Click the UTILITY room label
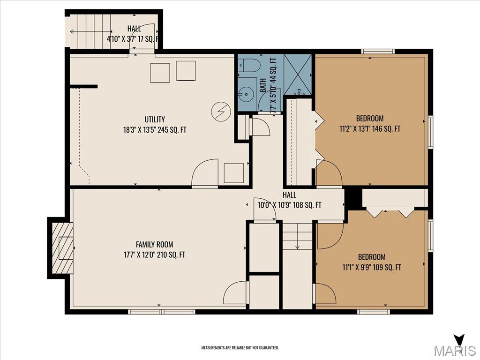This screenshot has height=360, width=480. pyautogui.click(x=154, y=120)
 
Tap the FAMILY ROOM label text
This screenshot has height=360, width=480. pyautogui.click(x=154, y=244)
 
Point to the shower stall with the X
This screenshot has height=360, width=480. pyautogui.click(x=298, y=75)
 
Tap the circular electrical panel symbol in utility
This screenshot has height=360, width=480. pyautogui.click(x=221, y=111)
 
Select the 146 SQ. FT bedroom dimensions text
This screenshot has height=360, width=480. pyautogui.click(x=369, y=128)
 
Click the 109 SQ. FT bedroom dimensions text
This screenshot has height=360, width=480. pyautogui.click(x=372, y=268)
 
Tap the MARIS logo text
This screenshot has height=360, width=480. pyautogui.click(x=454, y=350)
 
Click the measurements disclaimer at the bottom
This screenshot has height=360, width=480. pyautogui.click(x=240, y=348)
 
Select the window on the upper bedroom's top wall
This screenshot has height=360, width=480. pyautogui.click(x=377, y=51)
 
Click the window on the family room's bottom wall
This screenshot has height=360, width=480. pyautogui.click(x=162, y=311)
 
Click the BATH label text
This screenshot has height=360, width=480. pyautogui.click(x=263, y=84)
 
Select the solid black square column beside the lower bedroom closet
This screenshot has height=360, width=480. pyautogui.click(x=354, y=198)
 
